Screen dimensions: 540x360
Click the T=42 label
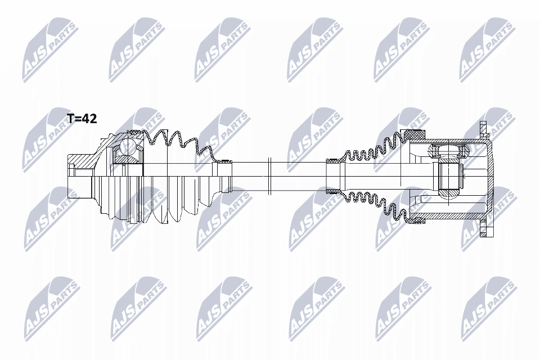point(82,119)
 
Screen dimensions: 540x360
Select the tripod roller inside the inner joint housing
point(448,151)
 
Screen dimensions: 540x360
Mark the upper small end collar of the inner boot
point(332,161)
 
